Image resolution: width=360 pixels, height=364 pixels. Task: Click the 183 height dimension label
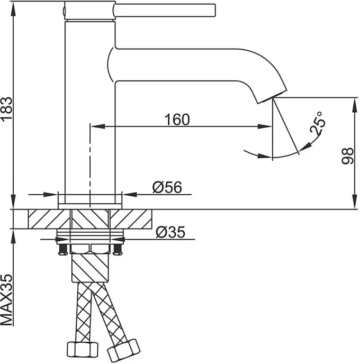tap(6, 108)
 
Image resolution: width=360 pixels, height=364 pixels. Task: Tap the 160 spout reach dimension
tap(177, 120)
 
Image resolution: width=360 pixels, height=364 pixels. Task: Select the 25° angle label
tap(318, 123)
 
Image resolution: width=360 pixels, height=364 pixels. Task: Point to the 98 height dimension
tap(347, 156)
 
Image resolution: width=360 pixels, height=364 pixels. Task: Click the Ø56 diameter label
tap(167, 187)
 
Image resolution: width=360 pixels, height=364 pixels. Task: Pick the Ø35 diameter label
tap(170, 232)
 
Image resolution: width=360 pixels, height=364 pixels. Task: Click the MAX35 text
tap(6, 300)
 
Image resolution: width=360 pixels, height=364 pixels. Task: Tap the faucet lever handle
tap(165, 10)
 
